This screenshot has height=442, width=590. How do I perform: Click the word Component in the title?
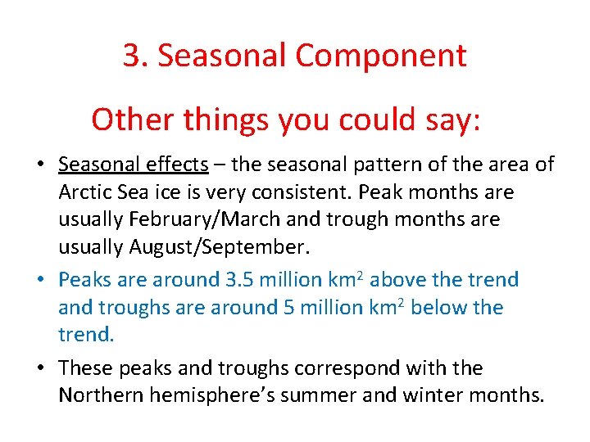[x=381, y=56]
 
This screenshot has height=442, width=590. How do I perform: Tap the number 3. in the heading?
[x=135, y=56]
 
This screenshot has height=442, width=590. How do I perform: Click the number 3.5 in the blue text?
[x=241, y=280]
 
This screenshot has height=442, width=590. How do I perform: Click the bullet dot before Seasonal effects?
[x=39, y=165]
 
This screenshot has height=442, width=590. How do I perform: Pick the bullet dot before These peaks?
[x=39, y=369]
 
